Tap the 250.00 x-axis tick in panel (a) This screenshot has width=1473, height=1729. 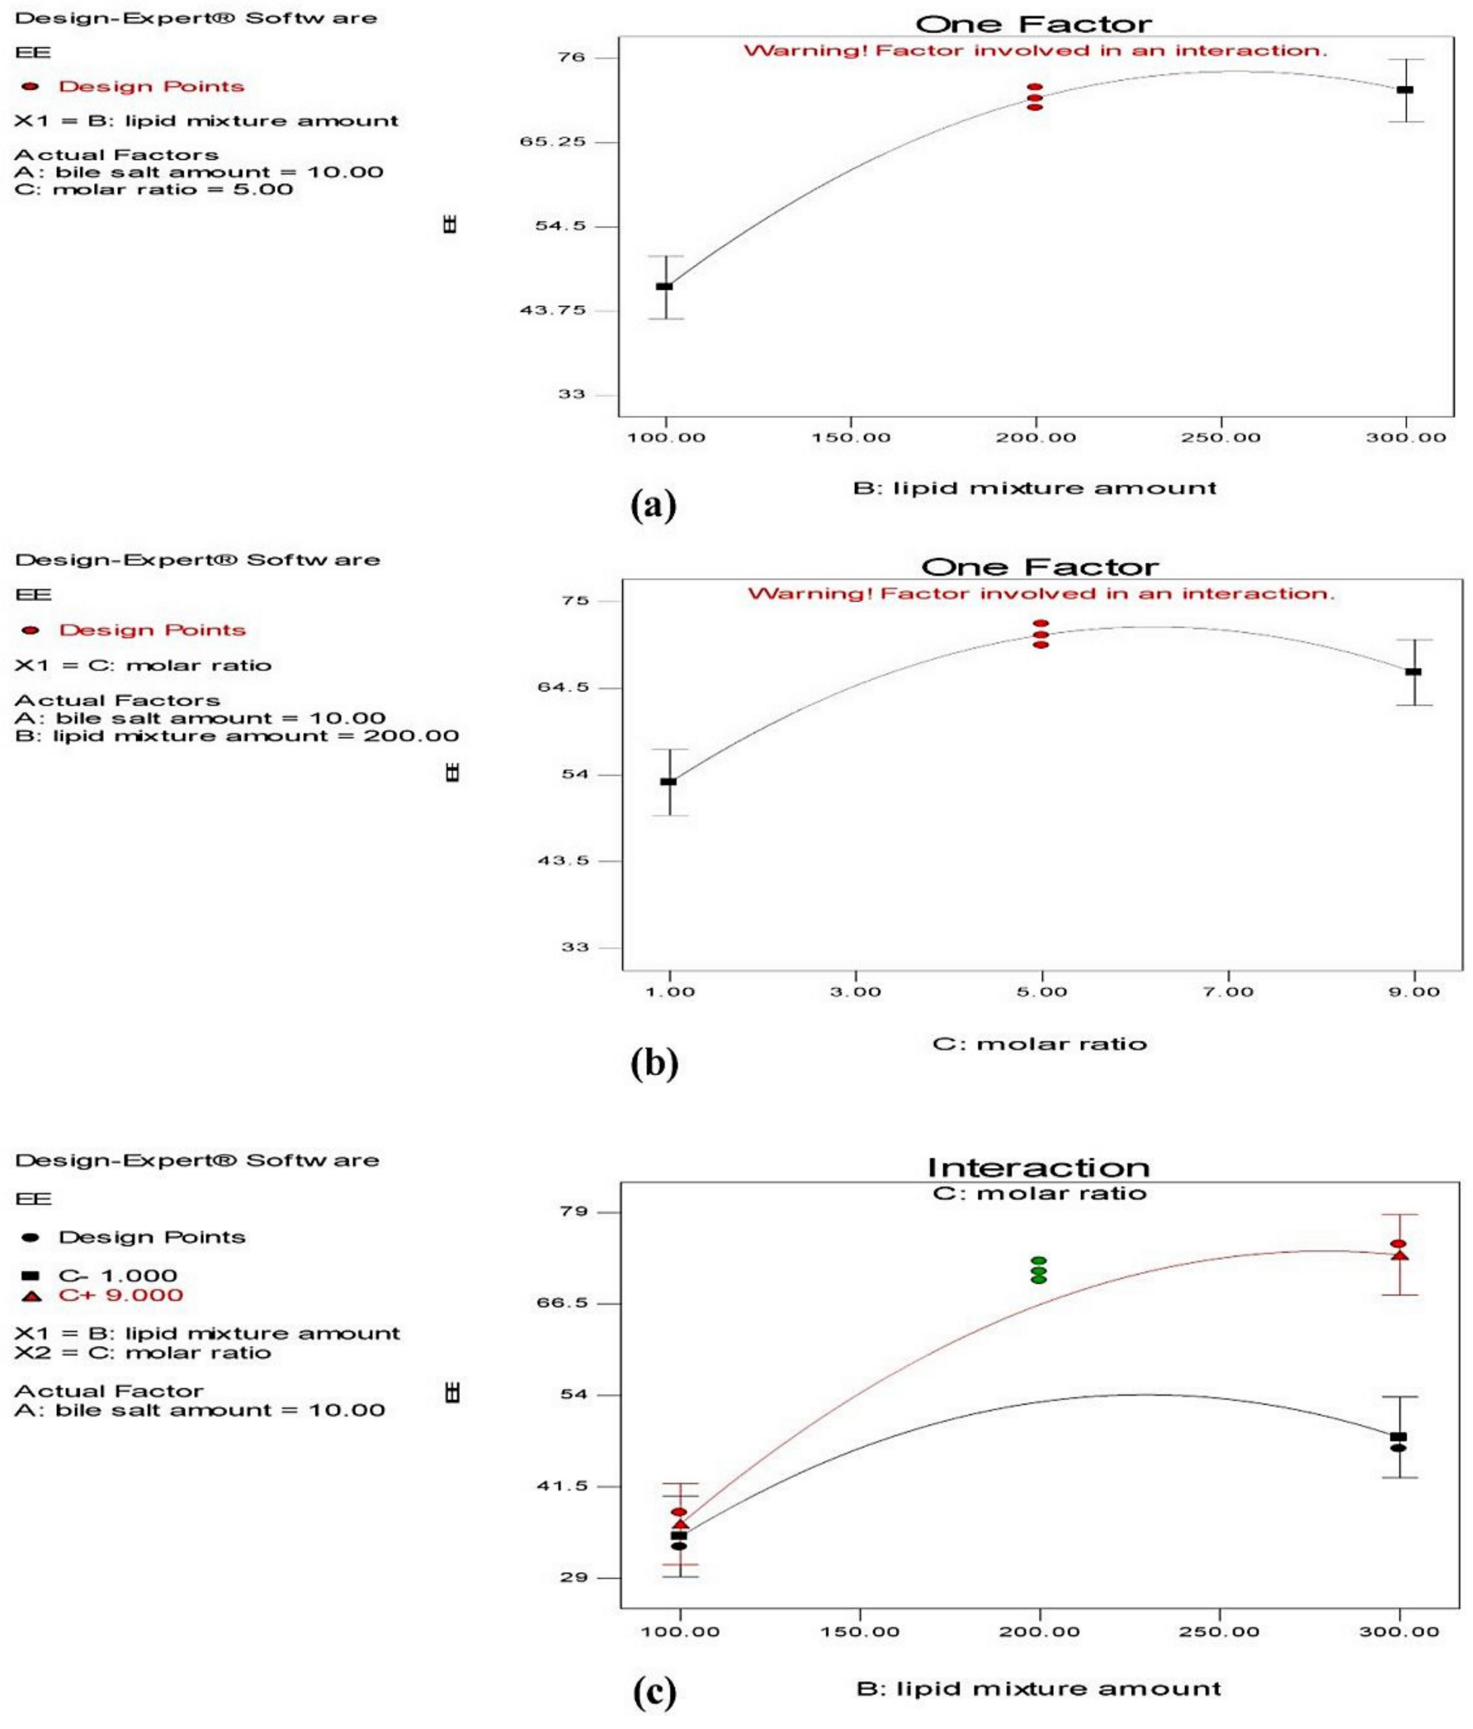click(x=1220, y=438)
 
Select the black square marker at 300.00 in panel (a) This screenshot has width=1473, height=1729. click(x=1405, y=89)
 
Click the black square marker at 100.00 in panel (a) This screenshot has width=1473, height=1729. click(x=664, y=286)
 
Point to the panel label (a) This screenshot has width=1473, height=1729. click(x=654, y=505)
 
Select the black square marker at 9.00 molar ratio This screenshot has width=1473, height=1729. click(x=1414, y=672)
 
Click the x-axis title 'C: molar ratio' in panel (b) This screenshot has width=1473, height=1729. click(x=1039, y=1044)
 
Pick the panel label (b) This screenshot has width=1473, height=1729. click(x=654, y=1063)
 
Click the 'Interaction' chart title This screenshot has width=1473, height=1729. click(x=1038, y=1167)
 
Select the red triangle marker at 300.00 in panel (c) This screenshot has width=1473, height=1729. click(x=1400, y=1255)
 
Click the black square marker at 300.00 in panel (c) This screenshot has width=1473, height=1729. click(x=1399, y=1437)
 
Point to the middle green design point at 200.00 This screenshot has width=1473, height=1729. click(x=1039, y=1271)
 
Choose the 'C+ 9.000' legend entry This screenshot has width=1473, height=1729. click(x=120, y=1295)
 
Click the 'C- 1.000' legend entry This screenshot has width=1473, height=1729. click(x=117, y=1275)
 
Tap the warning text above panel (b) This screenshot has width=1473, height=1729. click(x=1041, y=594)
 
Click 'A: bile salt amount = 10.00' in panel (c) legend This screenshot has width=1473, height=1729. click(x=200, y=1410)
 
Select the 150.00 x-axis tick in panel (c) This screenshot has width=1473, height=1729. click(x=860, y=1631)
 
